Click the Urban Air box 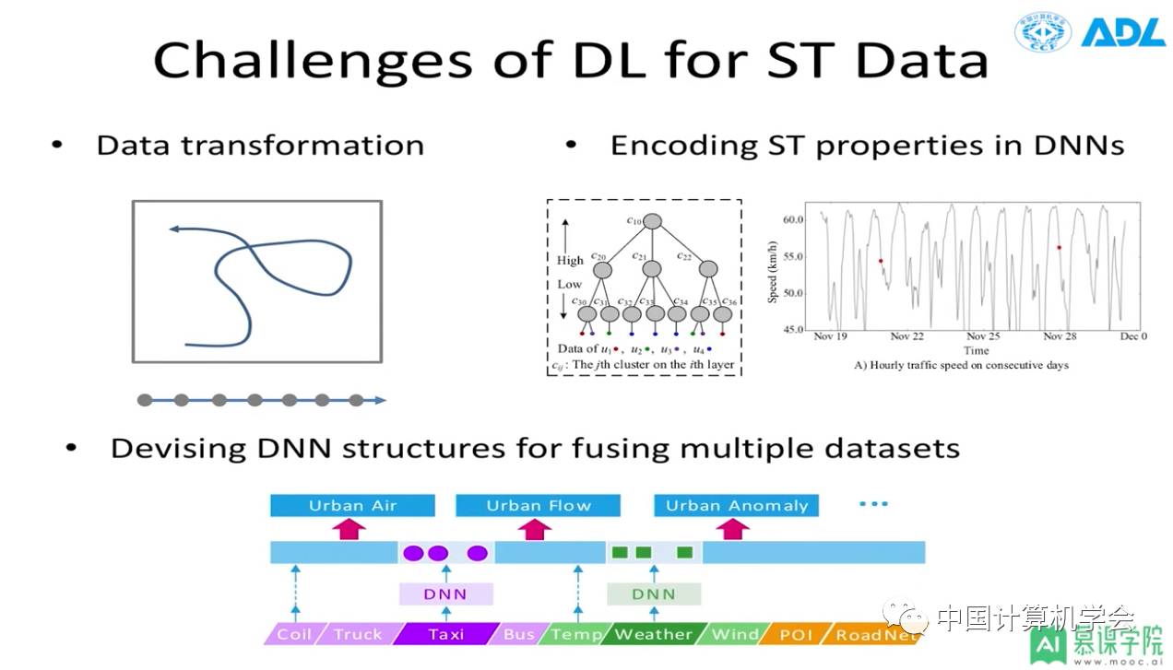click(352, 505)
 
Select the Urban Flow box click(539, 505)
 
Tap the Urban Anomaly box click(736, 505)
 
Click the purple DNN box click(445, 594)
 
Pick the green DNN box click(653, 594)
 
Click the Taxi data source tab click(445, 634)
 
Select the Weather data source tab click(653, 634)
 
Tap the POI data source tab click(796, 634)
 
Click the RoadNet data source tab click(876, 634)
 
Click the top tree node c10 click(653, 221)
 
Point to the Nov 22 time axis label click(906, 336)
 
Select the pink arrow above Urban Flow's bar click(535, 529)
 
